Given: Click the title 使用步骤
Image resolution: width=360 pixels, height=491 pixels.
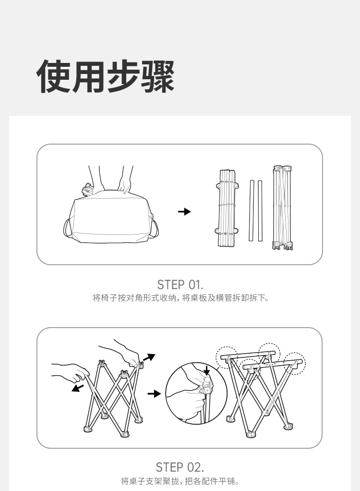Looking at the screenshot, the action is (106, 76).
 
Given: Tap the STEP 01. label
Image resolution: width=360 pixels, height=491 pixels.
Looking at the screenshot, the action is (180, 284).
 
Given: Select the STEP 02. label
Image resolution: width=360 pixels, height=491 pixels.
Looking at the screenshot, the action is (180, 467).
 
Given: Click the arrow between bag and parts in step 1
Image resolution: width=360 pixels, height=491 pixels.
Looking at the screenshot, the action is (184, 212).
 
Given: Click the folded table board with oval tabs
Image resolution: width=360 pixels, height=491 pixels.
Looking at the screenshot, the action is (227, 209).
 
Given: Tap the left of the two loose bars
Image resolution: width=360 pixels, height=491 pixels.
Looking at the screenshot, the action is (251, 210).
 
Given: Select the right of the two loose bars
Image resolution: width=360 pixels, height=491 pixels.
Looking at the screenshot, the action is (260, 210).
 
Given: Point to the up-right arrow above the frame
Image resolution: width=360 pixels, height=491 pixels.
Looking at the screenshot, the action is (149, 357).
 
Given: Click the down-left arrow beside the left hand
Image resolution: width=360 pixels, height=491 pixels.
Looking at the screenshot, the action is (78, 388).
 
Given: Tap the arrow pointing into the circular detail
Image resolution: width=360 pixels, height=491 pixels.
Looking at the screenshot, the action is (154, 393).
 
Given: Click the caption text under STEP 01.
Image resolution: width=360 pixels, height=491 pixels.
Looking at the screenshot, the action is (181, 298).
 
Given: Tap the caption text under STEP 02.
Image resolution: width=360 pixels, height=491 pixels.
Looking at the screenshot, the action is (180, 480).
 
